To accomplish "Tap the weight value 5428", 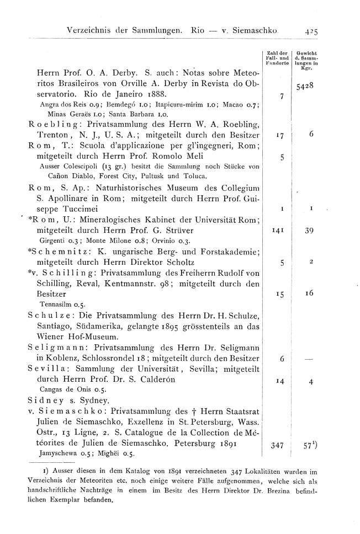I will (304, 86).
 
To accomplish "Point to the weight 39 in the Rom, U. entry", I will (309, 232).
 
